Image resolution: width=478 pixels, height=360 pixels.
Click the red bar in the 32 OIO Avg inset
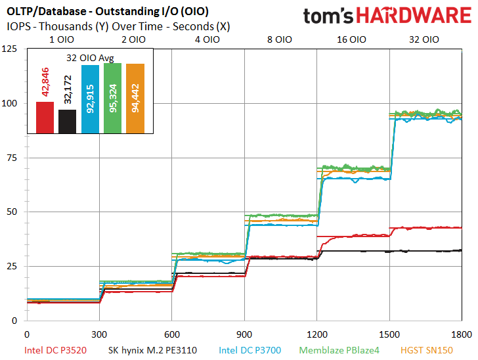click(45, 118)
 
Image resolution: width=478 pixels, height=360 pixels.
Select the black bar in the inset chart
click(68, 122)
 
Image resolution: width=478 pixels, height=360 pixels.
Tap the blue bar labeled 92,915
click(90, 99)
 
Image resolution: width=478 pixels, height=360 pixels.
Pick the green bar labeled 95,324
click(113, 99)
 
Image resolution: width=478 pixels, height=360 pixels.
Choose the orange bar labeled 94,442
click(135, 99)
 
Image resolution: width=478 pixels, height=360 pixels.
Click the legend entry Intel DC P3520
click(55, 350)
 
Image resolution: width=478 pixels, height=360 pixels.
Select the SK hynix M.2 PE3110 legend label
click(152, 350)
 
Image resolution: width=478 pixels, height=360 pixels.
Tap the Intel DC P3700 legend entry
click(250, 350)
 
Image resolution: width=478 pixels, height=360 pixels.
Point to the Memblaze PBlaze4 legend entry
click(339, 350)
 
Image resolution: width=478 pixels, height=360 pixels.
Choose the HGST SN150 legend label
click(427, 350)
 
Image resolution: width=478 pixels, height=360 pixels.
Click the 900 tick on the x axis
click(244, 334)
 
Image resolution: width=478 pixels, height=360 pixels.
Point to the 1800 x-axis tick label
click(462, 334)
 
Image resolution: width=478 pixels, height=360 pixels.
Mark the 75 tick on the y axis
click(12, 158)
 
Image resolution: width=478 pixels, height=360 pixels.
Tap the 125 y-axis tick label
click(9, 49)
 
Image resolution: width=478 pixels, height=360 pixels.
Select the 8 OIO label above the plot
click(280, 39)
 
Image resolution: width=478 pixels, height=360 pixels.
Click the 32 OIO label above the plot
click(424, 39)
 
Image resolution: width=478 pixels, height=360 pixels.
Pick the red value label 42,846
click(45, 82)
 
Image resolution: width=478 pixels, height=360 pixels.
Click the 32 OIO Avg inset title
click(90, 58)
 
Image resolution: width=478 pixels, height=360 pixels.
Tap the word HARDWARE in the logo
click(414, 16)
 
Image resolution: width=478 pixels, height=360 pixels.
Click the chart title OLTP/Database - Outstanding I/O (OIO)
click(108, 12)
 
